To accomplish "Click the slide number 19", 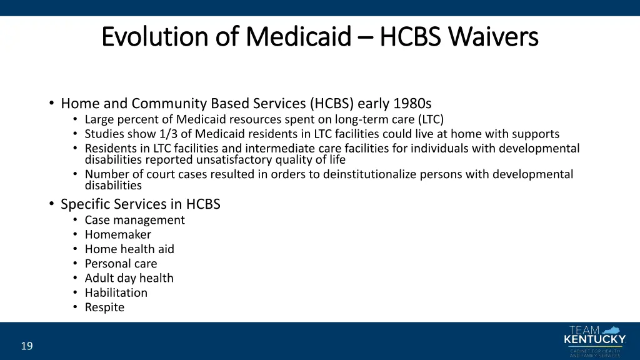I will coord(27,346).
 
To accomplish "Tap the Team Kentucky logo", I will coord(594,341).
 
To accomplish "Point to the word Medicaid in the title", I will coord(298,37).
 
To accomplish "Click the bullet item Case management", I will coord(134,220).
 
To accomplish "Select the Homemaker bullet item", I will coord(117,234).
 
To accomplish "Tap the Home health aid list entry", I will coord(129,249).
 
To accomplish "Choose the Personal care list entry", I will coord(121,264).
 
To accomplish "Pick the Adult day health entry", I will coord(129,278).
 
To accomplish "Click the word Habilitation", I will coord(116,292).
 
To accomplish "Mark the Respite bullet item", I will coord(104,307).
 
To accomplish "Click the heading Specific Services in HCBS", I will coord(140,204).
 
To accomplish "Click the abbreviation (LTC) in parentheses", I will coord(431,119).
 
